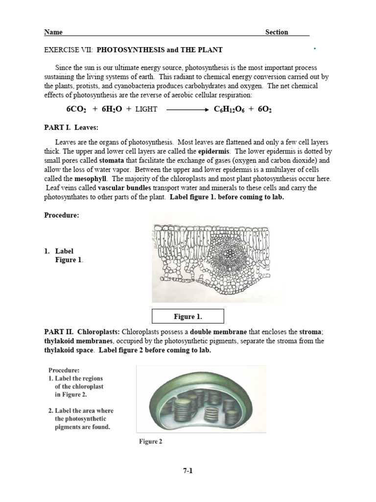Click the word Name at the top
tap(53, 32)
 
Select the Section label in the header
tap(277, 32)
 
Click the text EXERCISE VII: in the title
tap(68, 50)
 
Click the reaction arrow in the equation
tap(188, 109)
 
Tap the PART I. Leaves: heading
tap(71, 128)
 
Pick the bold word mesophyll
tap(89, 179)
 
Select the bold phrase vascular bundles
tap(124, 188)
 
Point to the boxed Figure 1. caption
tap(188, 317)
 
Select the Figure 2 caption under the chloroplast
tap(150, 442)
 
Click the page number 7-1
tap(188, 471)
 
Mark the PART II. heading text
tap(59, 332)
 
